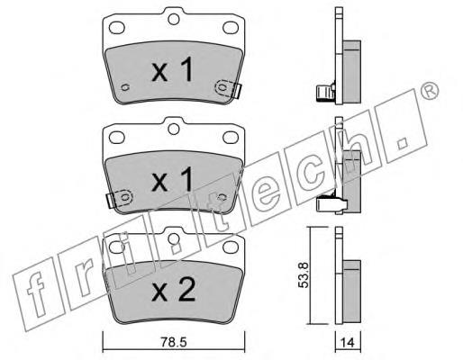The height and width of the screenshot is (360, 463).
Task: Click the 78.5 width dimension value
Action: click(174, 342)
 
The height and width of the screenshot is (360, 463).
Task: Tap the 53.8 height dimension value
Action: click(304, 275)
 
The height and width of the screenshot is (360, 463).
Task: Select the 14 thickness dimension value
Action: click(348, 342)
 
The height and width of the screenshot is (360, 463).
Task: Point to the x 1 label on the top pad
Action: click(172, 69)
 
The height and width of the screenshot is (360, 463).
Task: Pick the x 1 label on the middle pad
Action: click(172, 179)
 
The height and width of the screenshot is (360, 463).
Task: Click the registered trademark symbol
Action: click(429, 90)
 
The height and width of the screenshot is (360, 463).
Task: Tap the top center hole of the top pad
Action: click(174, 19)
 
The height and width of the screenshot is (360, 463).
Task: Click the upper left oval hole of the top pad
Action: click(117, 28)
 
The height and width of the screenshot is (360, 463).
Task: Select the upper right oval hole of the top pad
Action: click(231, 28)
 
